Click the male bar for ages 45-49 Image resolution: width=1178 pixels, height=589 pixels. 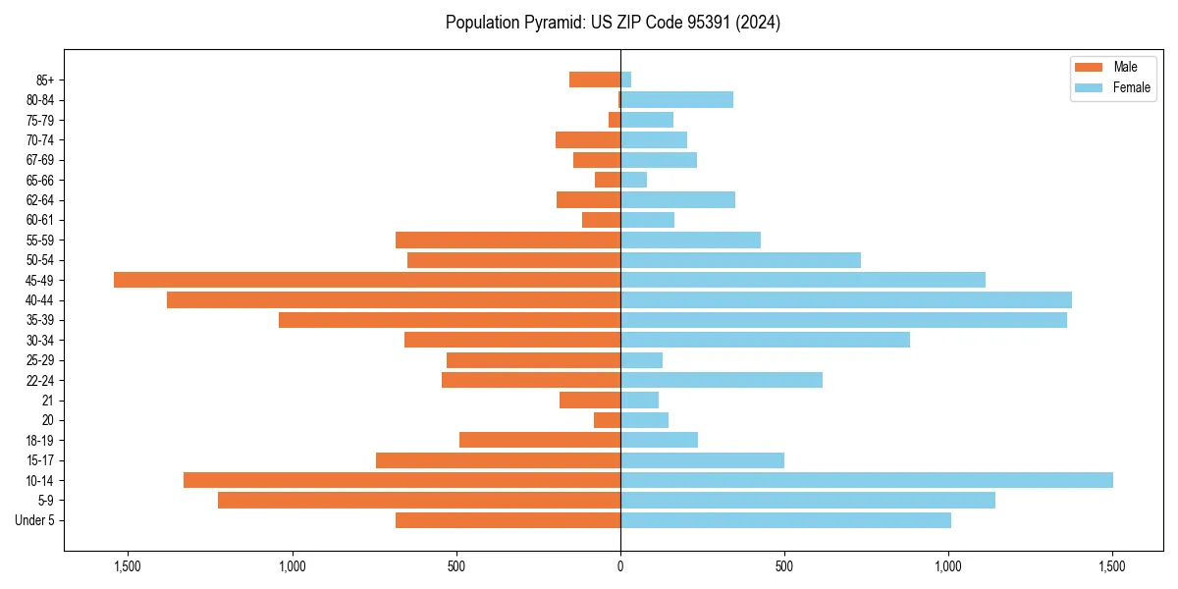tap(367, 280)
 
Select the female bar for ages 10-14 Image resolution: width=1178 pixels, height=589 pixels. tap(866, 480)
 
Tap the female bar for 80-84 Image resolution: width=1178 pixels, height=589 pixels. tap(676, 99)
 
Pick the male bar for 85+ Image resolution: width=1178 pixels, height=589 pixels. tap(595, 80)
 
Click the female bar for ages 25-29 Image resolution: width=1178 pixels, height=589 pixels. tap(641, 360)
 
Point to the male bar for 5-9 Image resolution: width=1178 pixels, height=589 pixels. tap(419, 500)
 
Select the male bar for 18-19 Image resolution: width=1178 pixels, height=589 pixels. tap(540, 440)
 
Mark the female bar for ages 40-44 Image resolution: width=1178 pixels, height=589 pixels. tap(845, 299)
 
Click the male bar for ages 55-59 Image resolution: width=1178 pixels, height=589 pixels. tap(508, 240)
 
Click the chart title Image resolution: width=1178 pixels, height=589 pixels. tap(613, 23)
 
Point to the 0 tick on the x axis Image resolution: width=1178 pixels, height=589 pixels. tap(620, 566)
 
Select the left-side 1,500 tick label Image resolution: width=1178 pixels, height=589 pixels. tap(128, 566)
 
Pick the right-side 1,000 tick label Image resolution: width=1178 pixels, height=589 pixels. tap(947, 566)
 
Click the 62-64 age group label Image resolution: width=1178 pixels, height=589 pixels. tap(39, 200)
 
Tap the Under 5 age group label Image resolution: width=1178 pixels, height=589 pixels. tap(34, 520)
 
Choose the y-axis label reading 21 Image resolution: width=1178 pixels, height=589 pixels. tap(48, 401)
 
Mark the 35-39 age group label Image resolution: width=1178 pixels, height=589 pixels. tap(39, 320)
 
